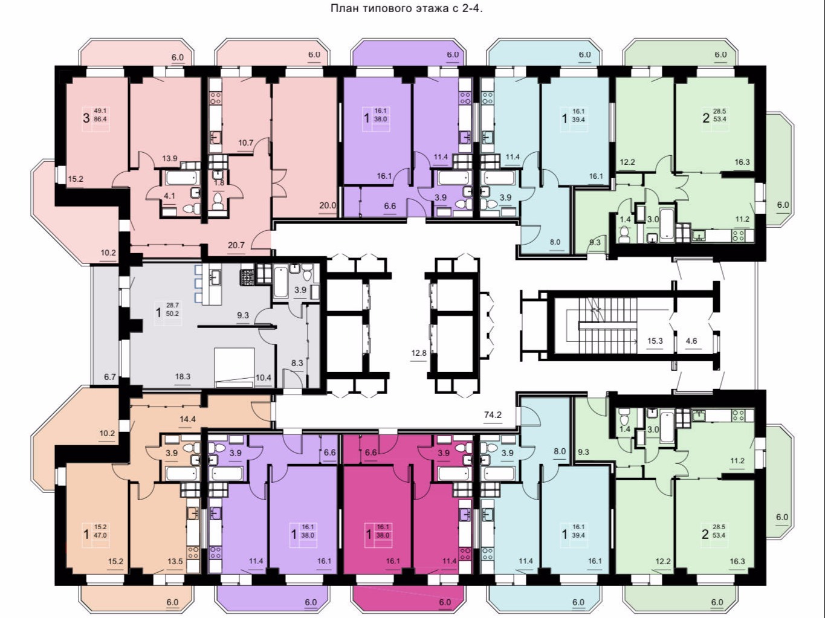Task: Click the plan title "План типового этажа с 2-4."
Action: tap(407, 8)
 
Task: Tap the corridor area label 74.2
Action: tap(493, 415)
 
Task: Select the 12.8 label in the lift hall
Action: tap(419, 353)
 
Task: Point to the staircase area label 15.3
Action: tap(655, 341)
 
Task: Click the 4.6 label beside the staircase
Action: tap(691, 341)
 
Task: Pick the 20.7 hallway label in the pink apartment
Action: tap(236, 245)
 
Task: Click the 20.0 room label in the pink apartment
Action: tap(328, 205)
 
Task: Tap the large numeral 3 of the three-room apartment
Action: tap(86, 118)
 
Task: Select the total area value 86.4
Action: tap(100, 119)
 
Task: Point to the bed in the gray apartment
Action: tap(235, 367)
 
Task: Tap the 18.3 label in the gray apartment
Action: tap(183, 376)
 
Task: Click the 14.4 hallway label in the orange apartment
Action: tap(187, 419)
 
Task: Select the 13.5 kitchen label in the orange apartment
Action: tap(175, 562)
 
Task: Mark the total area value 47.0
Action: tap(100, 535)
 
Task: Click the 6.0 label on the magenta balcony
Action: tap(445, 603)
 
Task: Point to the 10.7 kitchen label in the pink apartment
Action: tap(246, 143)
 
